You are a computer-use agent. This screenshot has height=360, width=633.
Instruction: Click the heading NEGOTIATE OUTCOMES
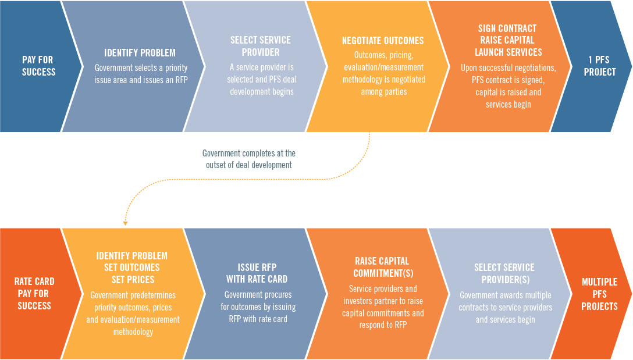pyautogui.click(x=383, y=41)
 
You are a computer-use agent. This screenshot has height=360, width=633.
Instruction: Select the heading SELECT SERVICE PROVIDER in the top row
pyautogui.click(x=261, y=46)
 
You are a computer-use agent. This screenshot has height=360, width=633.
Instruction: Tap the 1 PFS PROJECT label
pyautogui.click(x=599, y=66)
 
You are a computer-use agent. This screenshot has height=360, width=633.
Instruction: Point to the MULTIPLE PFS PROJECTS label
pyautogui.click(x=599, y=294)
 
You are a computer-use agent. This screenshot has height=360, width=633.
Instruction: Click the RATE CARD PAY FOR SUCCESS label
pyautogui.click(x=34, y=293)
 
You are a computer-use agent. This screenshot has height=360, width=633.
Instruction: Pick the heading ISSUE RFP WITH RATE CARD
pyautogui.click(x=257, y=273)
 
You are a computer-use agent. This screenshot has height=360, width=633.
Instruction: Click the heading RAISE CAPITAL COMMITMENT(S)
pyautogui.click(x=383, y=267)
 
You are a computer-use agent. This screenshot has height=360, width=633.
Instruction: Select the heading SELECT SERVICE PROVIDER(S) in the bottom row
pyautogui.click(x=504, y=273)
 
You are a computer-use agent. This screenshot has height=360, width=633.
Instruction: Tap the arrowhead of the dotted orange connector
pyautogui.click(x=125, y=223)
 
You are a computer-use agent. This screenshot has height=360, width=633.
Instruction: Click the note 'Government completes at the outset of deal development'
pyautogui.click(x=248, y=159)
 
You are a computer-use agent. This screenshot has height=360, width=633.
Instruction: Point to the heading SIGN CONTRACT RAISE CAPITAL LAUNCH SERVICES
pyautogui.click(x=508, y=40)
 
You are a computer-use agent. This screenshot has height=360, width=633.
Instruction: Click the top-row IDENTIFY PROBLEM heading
pyautogui.click(x=140, y=53)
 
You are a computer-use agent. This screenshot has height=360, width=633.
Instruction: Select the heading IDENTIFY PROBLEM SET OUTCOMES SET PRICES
pyautogui.click(x=132, y=268)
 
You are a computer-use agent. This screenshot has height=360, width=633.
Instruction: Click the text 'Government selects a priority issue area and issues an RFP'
pyautogui.click(x=141, y=74)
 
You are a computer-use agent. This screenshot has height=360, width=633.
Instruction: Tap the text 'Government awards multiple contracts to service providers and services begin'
pyautogui.click(x=505, y=307)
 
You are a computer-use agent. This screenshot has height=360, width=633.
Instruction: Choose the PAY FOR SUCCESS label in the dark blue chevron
pyautogui.click(x=38, y=66)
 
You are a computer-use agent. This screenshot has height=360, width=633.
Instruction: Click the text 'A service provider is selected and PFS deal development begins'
pyautogui.click(x=262, y=80)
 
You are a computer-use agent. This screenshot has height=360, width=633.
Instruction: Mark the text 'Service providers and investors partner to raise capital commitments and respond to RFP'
pyautogui.click(x=383, y=306)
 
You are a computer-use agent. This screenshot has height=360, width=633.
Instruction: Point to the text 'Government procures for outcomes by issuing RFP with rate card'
pyautogui.click(x=258, y=306)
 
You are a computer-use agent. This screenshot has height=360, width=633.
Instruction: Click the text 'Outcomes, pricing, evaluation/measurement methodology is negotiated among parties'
pyautogui.click(x=383, y=73)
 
